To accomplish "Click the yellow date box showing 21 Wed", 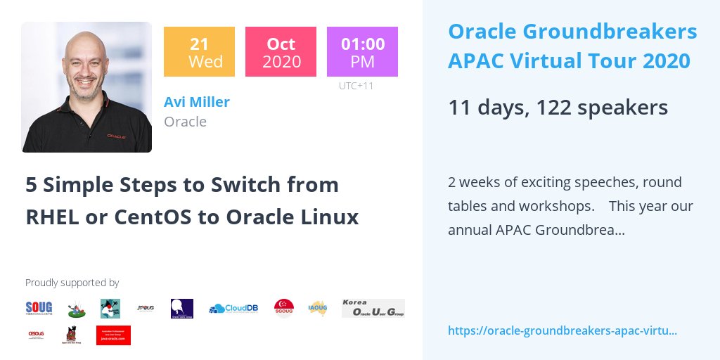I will (199, 51).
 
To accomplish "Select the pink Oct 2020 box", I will (281, 51).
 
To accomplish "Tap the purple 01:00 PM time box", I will (362, 51).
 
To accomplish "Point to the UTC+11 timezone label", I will (356, 86).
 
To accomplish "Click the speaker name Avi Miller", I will (197, 102).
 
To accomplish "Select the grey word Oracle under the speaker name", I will (185, 122).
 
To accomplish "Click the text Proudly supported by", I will (72, 283).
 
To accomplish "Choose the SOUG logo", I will (39, 308).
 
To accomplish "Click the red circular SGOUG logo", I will (284, 308).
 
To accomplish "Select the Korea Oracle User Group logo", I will (373, 308).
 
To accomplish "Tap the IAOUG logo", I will (318, 308).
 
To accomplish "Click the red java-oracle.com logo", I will (113, 335).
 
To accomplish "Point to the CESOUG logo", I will (37, 335).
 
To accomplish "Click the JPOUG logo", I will (146, 308).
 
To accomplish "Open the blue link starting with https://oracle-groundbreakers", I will (562, 330).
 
